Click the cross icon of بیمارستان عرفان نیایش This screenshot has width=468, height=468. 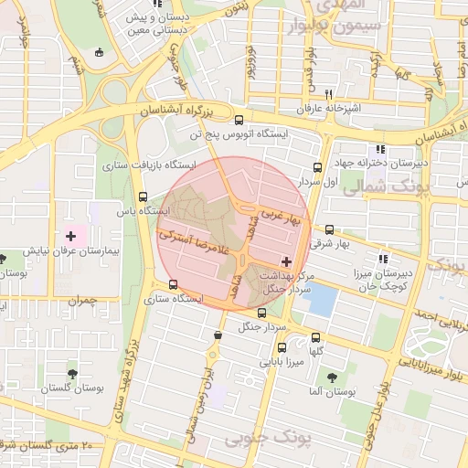(x=71, y=236)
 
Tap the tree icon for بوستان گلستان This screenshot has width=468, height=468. (x=72, y=373)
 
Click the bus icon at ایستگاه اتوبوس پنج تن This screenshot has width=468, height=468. (x=239, y=120)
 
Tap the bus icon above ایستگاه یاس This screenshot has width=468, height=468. (x=142, y=197)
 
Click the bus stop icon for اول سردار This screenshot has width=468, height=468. (x=317, y=167)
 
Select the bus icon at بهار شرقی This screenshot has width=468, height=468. (x=329, y=230)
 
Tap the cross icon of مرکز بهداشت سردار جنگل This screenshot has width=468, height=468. (x=289, y=261)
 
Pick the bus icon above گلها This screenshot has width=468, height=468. (x=315, y=336)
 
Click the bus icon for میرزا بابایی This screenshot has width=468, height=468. (x=281, y=347)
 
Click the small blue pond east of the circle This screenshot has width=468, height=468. (x=320, y=299)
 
